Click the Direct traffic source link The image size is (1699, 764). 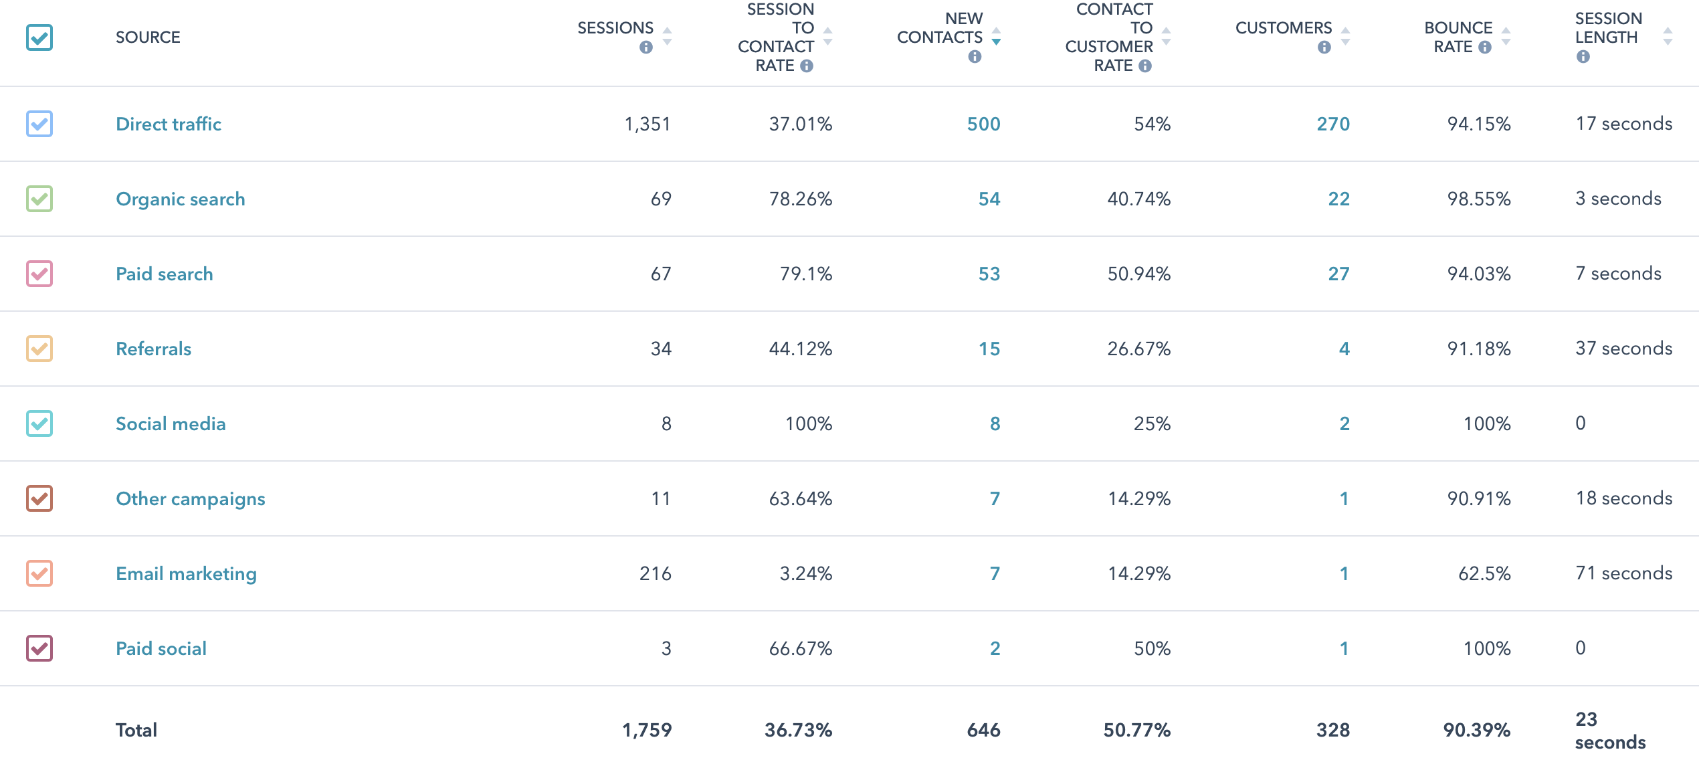pos(168,124)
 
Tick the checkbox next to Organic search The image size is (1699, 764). pos(39,199)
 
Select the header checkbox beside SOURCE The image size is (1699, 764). pos(39,37)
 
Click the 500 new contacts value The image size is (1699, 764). pos(983,124)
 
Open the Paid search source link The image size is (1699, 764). pos(164,274)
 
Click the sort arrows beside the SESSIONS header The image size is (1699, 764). pos(667,36)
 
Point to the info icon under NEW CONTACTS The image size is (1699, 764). pos(975,57)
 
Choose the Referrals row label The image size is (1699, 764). pos(153,349)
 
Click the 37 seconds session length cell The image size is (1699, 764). pos(1623,349)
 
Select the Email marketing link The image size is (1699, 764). pos(186,573)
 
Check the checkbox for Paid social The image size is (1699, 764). pos(39,648)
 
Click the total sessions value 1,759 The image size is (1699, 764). pos(646,730)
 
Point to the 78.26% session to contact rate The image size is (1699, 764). pos(800,199)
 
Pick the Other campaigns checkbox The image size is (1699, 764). pos(39,498)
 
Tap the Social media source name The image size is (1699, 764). pos(171,423)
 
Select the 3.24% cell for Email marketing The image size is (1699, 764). pos(805,573)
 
